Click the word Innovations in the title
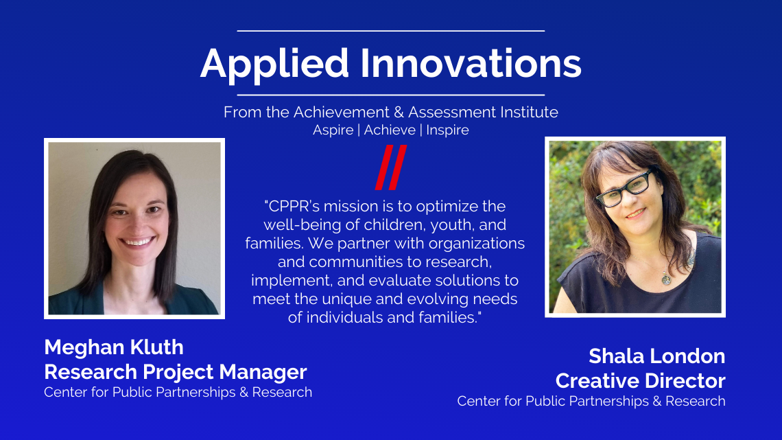(471, 63)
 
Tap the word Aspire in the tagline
(333, 130)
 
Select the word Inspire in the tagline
(447, 130)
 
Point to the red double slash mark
(391, 167)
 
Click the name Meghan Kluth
(114, 347)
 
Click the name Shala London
(657, 356)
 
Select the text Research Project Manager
(176, 372)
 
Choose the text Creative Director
(641, 381)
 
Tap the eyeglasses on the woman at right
(626, 189)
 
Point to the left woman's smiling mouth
(137, 242)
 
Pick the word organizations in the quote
(476, 244)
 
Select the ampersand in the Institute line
(399, 113)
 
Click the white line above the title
(390, 31)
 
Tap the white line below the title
(390, 95)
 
